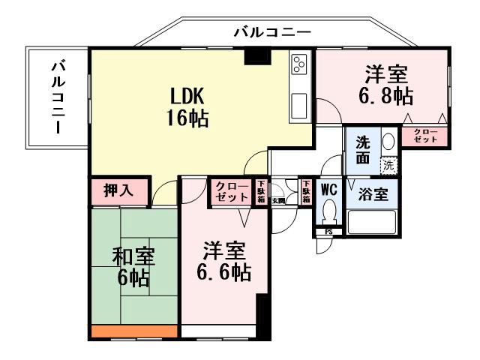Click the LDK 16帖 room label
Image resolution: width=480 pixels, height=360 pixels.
pos(187,106)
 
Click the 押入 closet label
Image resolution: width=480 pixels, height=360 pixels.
pos(118,190)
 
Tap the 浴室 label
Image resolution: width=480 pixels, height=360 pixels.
pos(373,194)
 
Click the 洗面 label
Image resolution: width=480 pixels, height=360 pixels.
pos(363,150)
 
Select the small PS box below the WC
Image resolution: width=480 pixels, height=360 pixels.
pos(328,232)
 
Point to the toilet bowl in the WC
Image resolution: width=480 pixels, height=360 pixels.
pos(329,212)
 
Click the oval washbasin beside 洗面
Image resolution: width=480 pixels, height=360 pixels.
pos(387,142)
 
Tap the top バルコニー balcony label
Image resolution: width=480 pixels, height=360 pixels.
pos(271,31)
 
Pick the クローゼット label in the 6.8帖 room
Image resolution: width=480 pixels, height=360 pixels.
pos(424,136)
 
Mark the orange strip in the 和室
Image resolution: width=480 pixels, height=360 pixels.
pos(134,331)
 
